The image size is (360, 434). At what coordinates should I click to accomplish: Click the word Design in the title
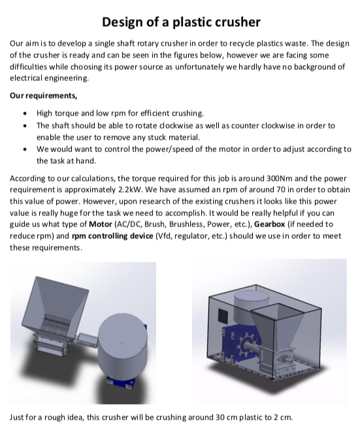(123, 22)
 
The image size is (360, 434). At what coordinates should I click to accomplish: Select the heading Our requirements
(43, 96)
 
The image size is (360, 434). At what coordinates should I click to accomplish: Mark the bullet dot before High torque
(25, 113)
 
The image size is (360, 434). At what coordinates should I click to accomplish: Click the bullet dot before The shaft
(25, 125)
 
